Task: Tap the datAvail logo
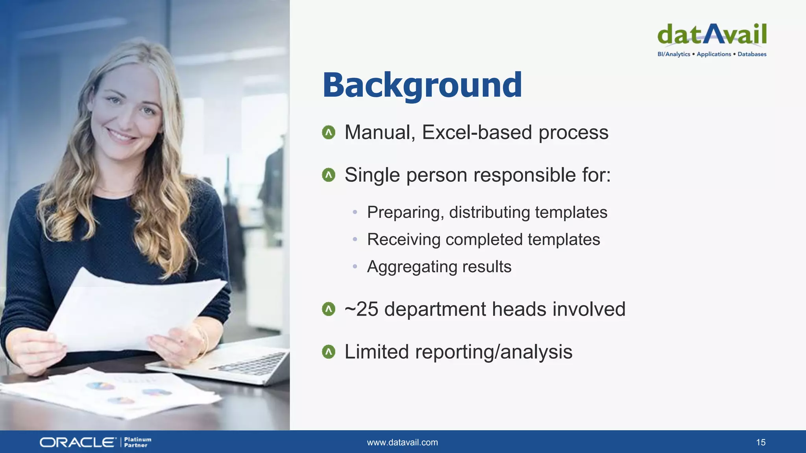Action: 712,35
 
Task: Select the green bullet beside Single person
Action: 329,175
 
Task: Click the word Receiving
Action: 403,239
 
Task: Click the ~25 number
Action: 361,309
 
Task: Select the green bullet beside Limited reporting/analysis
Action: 329,352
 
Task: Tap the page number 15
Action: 760,442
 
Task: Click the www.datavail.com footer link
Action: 402,442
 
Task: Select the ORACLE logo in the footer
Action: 78,442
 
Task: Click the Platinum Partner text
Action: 137,442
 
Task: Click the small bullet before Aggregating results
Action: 355,267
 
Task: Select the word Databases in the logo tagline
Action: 752,54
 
